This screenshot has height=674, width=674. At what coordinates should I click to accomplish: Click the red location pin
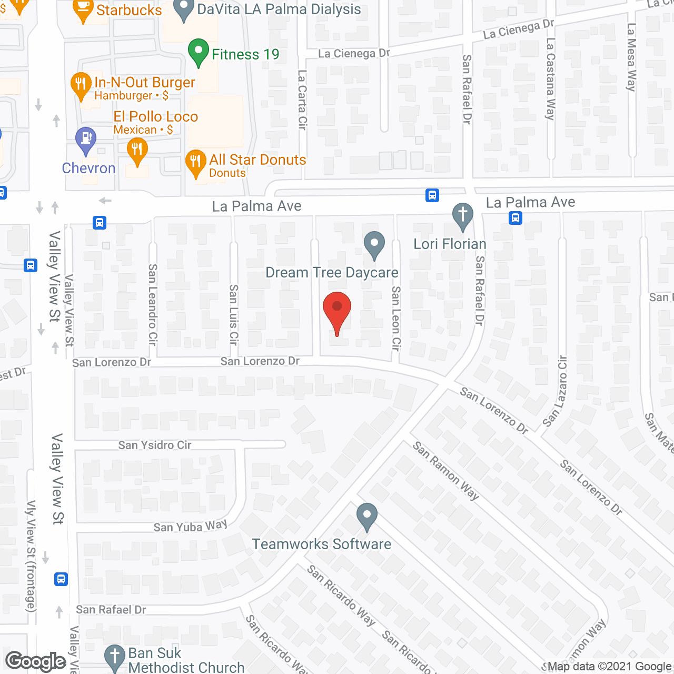coord(336,308)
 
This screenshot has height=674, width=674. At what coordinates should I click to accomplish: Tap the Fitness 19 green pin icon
coord(199,52)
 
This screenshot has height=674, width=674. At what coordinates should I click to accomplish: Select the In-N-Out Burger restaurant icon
coord(81,85)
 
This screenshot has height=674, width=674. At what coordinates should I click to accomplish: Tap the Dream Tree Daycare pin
coord(374,245)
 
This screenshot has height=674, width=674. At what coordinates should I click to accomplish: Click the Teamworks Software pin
coord(366,517)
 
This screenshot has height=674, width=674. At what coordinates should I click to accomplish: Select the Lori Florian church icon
coord(463,216)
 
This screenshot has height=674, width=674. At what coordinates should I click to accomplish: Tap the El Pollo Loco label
coord(156,116)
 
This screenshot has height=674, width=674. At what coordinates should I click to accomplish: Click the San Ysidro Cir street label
coord(155,445)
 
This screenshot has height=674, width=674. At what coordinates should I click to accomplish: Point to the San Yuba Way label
coord(190,526)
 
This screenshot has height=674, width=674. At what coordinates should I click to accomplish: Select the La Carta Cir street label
coord(302,100)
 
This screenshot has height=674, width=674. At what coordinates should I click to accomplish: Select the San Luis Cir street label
coord(234,314)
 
